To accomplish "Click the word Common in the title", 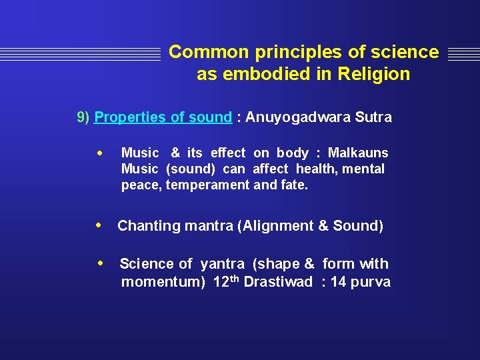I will point(198,52).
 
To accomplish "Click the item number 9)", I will point(83,117).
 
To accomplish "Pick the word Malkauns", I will point(358,153).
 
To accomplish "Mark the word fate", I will point(295,185).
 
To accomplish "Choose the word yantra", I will point(223,264).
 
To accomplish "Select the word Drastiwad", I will point(278,282).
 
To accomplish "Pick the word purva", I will point(370,282).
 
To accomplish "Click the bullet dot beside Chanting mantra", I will point(99,225).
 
